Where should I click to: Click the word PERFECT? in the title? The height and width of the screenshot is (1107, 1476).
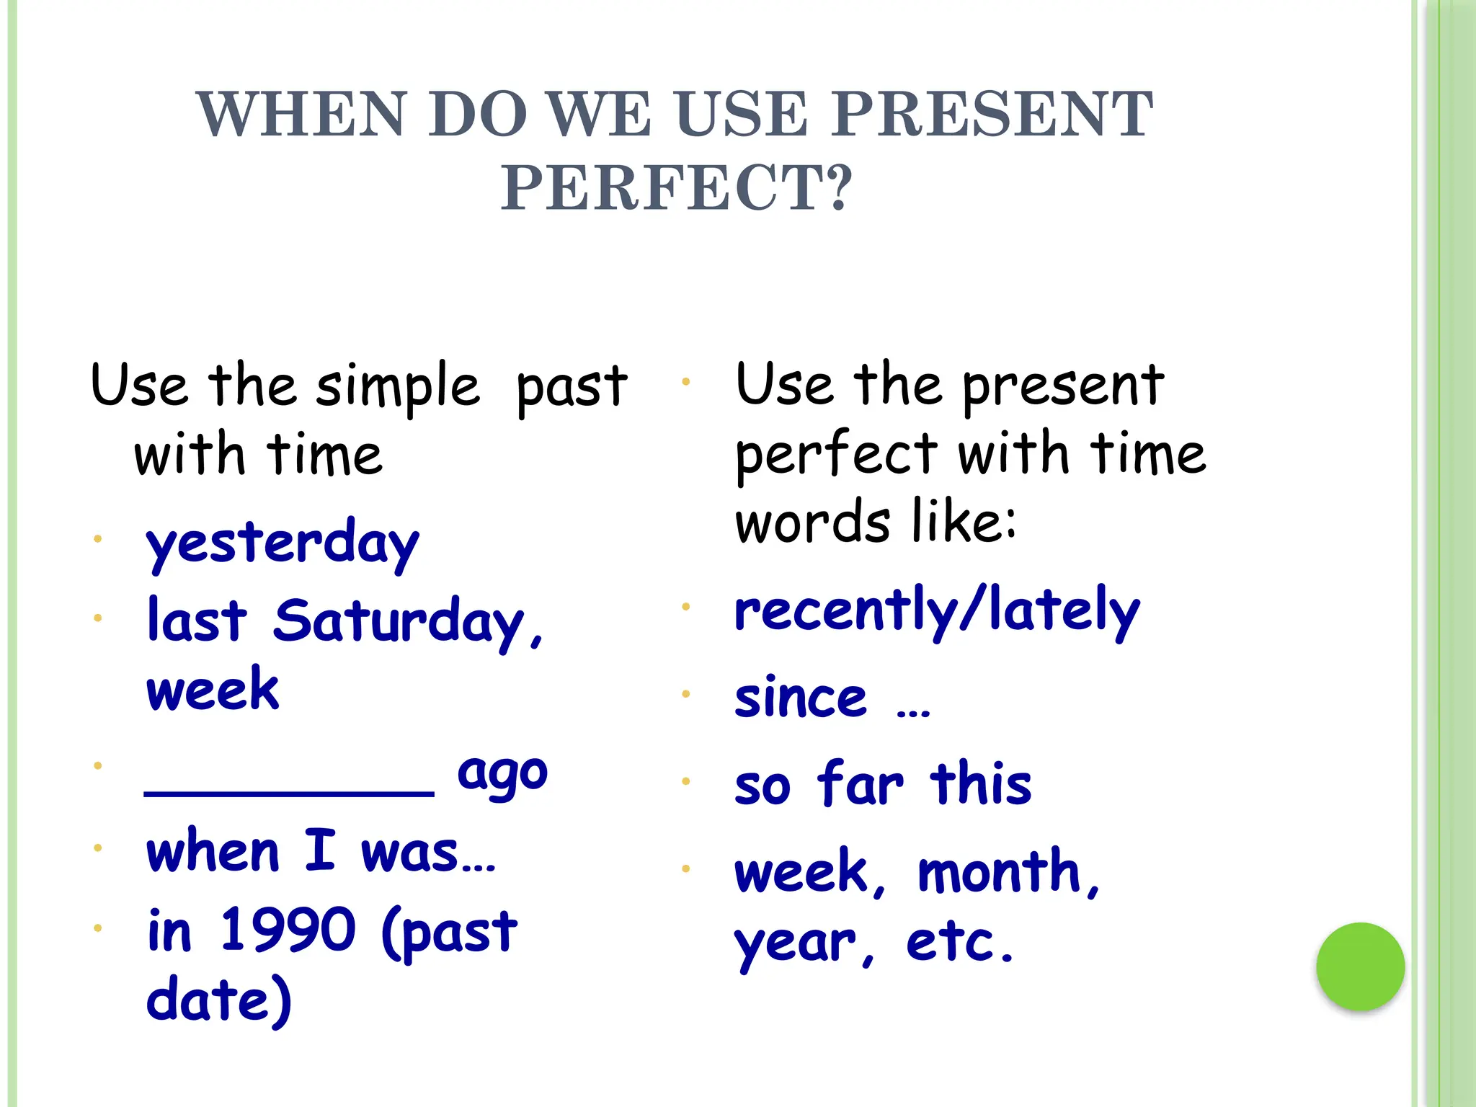coord(677,189)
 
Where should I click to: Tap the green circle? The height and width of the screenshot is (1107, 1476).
coord(1360,966)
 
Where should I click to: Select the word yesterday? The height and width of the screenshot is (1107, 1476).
coord(282,544)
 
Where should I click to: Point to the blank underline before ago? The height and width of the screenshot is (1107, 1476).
coord(289,791)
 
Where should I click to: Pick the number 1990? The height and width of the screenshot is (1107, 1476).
coord(288,930)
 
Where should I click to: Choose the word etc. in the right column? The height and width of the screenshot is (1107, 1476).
coord(959,943)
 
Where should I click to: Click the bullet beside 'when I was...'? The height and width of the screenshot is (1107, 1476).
coord(97,848)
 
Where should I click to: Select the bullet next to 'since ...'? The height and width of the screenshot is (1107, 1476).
coord(686,694)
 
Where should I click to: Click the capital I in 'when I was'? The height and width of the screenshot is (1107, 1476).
coord(320,850)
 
